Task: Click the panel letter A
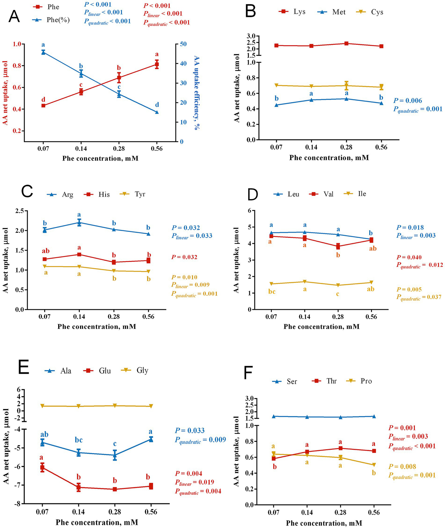pos(14,17)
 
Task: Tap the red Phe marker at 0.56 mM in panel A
pos(157,64)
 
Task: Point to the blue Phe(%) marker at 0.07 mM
pos(43,52)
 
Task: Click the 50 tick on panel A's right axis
pos(183,44)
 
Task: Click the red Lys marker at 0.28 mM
pos(346,43)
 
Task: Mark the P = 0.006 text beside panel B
pos(408,101)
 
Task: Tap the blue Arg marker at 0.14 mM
pos(79,223)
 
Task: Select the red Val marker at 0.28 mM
pos(338,247)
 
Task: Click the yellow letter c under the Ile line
pos(338,294)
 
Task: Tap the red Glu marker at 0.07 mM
pos(42,467)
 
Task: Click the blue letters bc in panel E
pos(79,440)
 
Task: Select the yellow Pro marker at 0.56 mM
pos(374,465)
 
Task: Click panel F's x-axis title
pos(324,521)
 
